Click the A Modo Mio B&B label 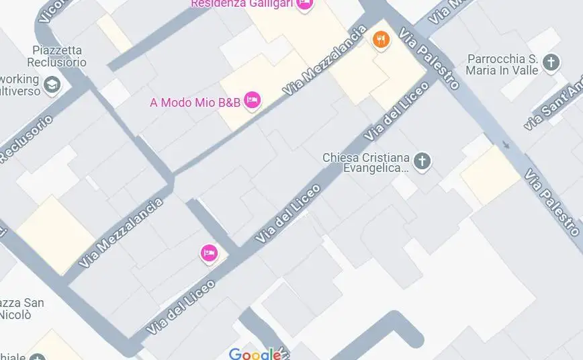tap(195, 103)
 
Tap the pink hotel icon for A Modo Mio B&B tap(252, 100)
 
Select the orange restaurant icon tap(381, 40)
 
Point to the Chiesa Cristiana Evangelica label tap(365, 163)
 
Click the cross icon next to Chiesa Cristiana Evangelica tap(422, 161)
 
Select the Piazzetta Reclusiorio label tap(59, 56)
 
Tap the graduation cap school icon tap(52, 85)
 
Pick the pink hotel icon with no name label tap(209, 253)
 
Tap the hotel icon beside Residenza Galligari tap(304, 4)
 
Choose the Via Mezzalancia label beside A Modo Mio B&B tap(326, 60)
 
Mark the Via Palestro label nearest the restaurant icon tap(429, 59)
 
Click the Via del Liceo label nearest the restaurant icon tap(396, 111)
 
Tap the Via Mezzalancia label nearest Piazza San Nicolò tap(121, 233)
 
